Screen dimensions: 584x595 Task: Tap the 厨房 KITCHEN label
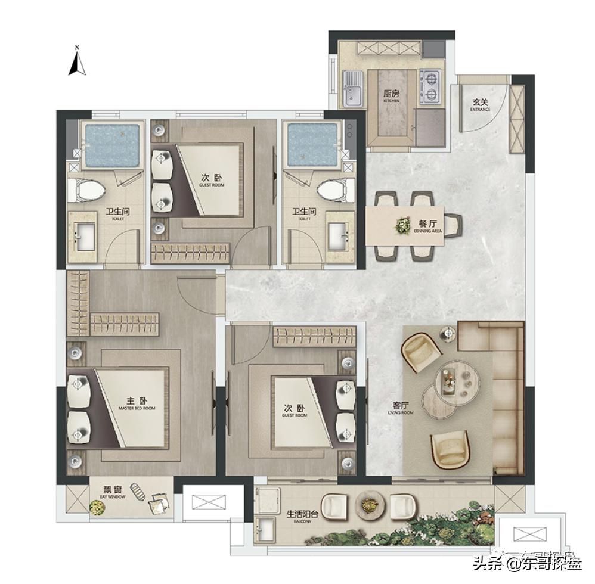(x=391, y=96)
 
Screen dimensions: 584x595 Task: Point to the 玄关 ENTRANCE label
(x=480, y=105)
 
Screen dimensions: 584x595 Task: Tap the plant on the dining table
(x=404, y=225)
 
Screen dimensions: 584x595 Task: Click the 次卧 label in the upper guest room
(x=210, y=179)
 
